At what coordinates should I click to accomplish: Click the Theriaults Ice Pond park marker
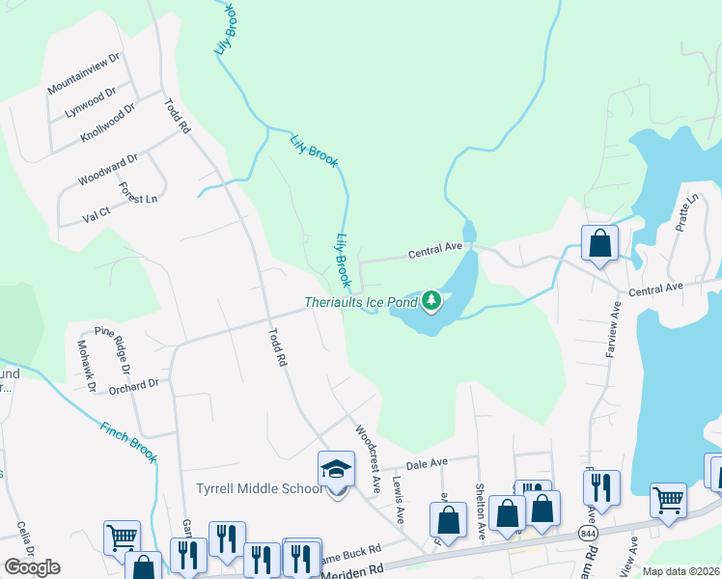(431, 302)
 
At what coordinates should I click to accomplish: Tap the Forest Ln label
(139, 191)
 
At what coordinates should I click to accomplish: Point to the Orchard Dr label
(133, 386)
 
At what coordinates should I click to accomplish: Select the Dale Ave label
(430, 464)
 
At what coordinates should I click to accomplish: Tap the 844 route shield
(587, 533)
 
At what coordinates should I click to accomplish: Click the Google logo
(32, 567)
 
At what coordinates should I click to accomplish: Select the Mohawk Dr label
(87, 367)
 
